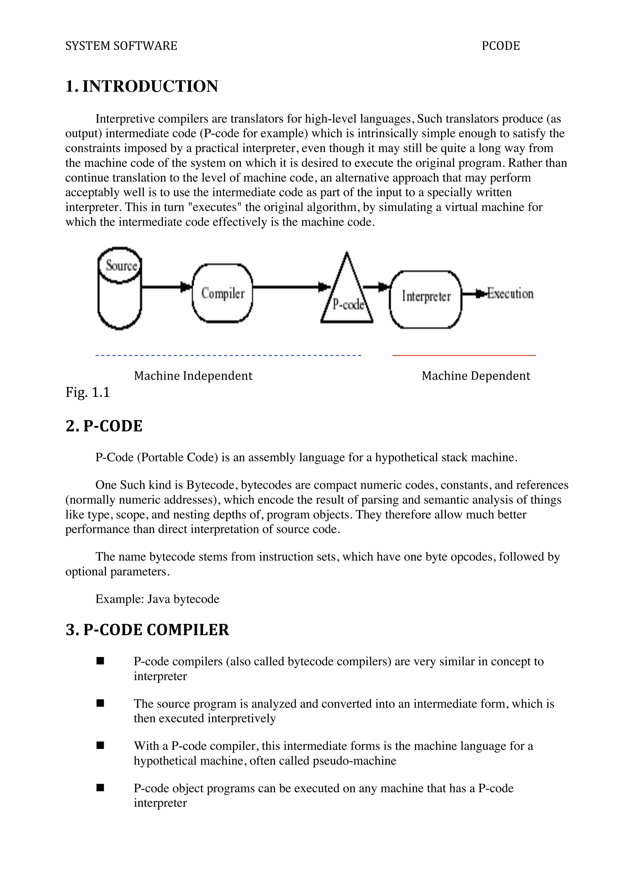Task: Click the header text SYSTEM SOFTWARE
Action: tap(121, 46)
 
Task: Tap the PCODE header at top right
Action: tap(500, 46)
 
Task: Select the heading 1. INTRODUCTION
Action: tap(142, 86)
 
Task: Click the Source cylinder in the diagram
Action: tap(119, 289)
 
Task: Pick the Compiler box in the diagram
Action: tap(223, 293)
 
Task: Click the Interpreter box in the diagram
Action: tap(426, 297)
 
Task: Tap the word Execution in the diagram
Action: tap(510, 294)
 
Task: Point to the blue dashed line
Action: tap(228, 356)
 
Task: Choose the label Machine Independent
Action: tap(193, 376)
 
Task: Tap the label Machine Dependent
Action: tap(476, 376)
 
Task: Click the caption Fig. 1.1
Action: tap(88, 392)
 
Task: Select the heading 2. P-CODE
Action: tap(104, 426)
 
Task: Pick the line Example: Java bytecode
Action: tap(157, 599)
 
